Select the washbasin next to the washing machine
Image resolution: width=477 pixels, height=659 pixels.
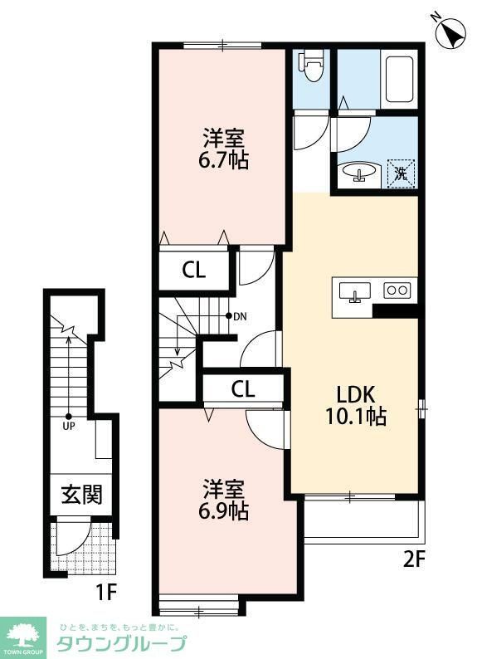pyautogui.click(x=360, y=173)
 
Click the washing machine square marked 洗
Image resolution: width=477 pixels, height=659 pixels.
pyautogui.click(x=402, y=173)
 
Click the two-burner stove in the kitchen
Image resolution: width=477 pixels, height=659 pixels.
pyautogui.click(x=397, y=290)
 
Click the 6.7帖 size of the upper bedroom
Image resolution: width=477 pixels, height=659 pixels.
pyautogui.click(x=224, y=159)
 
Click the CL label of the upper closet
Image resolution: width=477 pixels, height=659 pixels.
pyautogui.click(x=194, y=270)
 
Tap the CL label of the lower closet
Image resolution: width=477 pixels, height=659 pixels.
pyautogui.click(x=243, y=388)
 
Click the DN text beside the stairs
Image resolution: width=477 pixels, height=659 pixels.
pyautogui.click(x=240, y=316)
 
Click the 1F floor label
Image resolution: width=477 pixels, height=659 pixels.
pyautogui.click(x=105, y=593)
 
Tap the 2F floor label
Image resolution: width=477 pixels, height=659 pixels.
pyautogui.click(x=414, y=559)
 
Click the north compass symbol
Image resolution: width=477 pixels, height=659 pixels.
pyautogui.click(x=450, y=34)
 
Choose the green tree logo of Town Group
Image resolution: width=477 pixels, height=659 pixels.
pyautogui.click(x=24, y=634)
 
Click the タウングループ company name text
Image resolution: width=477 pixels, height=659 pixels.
pyautogui.click(x=121, y=643)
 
